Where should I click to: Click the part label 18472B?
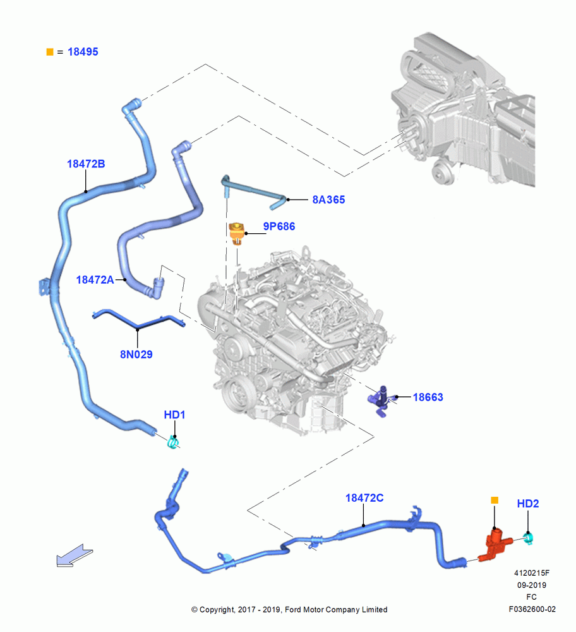86,164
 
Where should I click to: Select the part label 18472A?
95,280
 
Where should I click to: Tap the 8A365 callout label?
328,200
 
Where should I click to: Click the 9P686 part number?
279,226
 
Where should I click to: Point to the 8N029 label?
136,355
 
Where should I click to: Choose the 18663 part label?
428,398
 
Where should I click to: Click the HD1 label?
174,415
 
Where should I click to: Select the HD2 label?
527,504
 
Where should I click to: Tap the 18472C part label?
364,498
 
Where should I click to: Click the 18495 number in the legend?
83,52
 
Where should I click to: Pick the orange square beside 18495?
50,52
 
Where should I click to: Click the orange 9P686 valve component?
236,233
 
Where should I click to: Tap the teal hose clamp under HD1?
173,442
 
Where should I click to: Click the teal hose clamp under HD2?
529,538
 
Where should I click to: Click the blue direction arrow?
74,556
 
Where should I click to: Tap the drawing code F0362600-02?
532,609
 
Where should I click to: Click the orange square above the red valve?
495,500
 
